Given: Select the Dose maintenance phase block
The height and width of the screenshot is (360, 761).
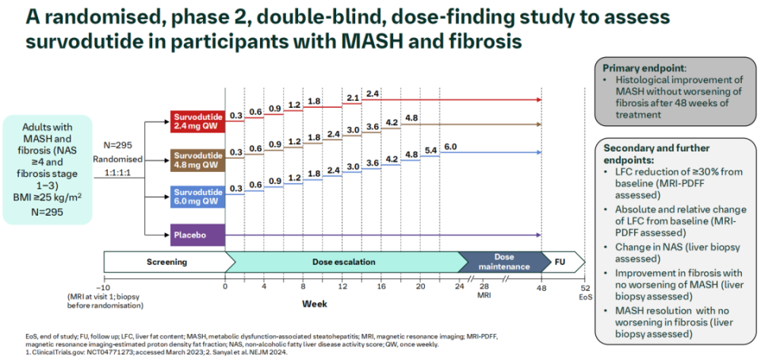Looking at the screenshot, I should coord(506,262).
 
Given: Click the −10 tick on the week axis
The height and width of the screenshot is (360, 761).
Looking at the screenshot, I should coord(104,286).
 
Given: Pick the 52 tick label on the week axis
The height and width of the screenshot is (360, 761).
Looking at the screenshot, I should coord(585,286).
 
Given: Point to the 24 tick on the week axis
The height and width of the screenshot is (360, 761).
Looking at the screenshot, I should coord(460,286).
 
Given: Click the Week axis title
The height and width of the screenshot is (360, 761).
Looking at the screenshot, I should coord(313,304).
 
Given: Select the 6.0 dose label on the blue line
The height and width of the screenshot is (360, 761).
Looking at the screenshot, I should coord(450,147).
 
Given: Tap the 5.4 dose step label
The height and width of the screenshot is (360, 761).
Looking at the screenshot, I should coord(430,150).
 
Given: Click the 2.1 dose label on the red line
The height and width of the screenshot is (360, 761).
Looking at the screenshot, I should coord(352,98).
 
